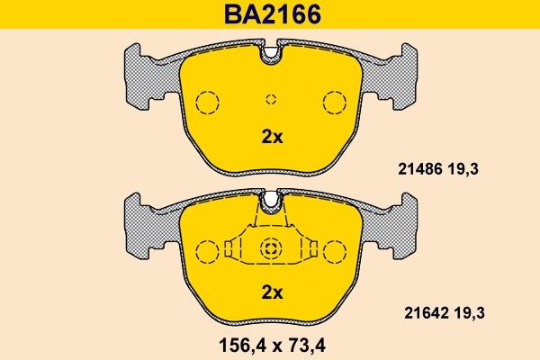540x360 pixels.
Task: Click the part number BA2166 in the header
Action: click(271, 15)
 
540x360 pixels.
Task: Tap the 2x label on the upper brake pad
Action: click(272, 138)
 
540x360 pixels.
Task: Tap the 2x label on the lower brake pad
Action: click(272, 292)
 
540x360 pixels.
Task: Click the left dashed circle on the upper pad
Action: click(208, 102)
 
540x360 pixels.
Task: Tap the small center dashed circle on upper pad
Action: click(272, 99)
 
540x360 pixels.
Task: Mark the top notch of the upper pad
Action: click(272, 56)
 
